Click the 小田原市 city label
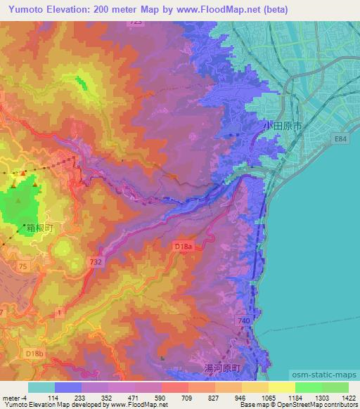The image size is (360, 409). click(283, 124)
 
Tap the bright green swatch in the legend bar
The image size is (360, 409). click(308, 387)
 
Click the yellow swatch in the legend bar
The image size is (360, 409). click(281, 387)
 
